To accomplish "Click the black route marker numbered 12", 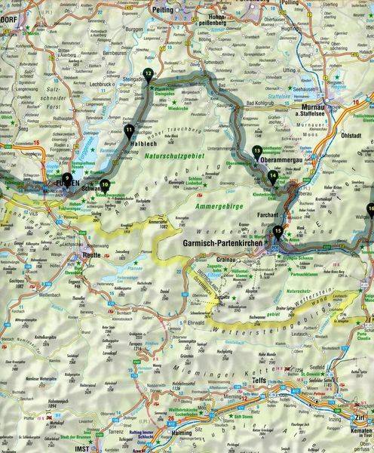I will pyautogui.click(x=148, y=73).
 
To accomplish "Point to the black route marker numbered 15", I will pyautogui.click(x=278, y=231).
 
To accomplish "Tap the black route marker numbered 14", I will pyautogui.click(x=272, y=176).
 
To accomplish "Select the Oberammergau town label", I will pyautogui.click(x=277, y=160).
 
